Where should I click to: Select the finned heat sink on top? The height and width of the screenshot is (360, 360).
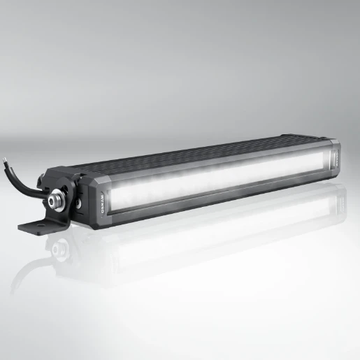coord(203,150)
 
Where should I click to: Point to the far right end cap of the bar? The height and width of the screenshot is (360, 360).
coord(336,161)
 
